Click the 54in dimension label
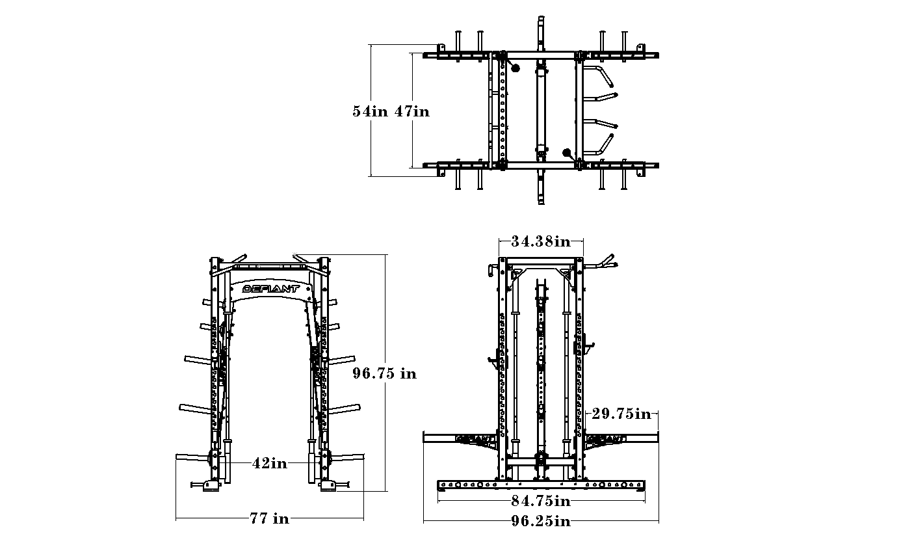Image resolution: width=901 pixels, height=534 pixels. pos(370,111)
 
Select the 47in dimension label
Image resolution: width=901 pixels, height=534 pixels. pos(412,111)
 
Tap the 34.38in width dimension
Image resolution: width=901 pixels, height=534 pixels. pos(541,242)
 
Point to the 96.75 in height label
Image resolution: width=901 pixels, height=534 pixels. pos(384,373)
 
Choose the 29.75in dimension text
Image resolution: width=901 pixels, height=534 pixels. pos(621,414)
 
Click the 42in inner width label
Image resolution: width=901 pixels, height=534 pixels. pos(270,463)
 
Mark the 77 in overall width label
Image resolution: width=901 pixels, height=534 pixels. pos(270,518)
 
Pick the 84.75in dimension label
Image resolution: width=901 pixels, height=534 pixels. pos(541,501)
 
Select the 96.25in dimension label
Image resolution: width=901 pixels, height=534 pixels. pos(541,521)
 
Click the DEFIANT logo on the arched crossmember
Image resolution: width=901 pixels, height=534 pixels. pos(270,289)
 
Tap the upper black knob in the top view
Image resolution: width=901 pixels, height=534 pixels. pos(516,68)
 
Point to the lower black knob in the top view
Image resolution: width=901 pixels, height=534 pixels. pos(567,153)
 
